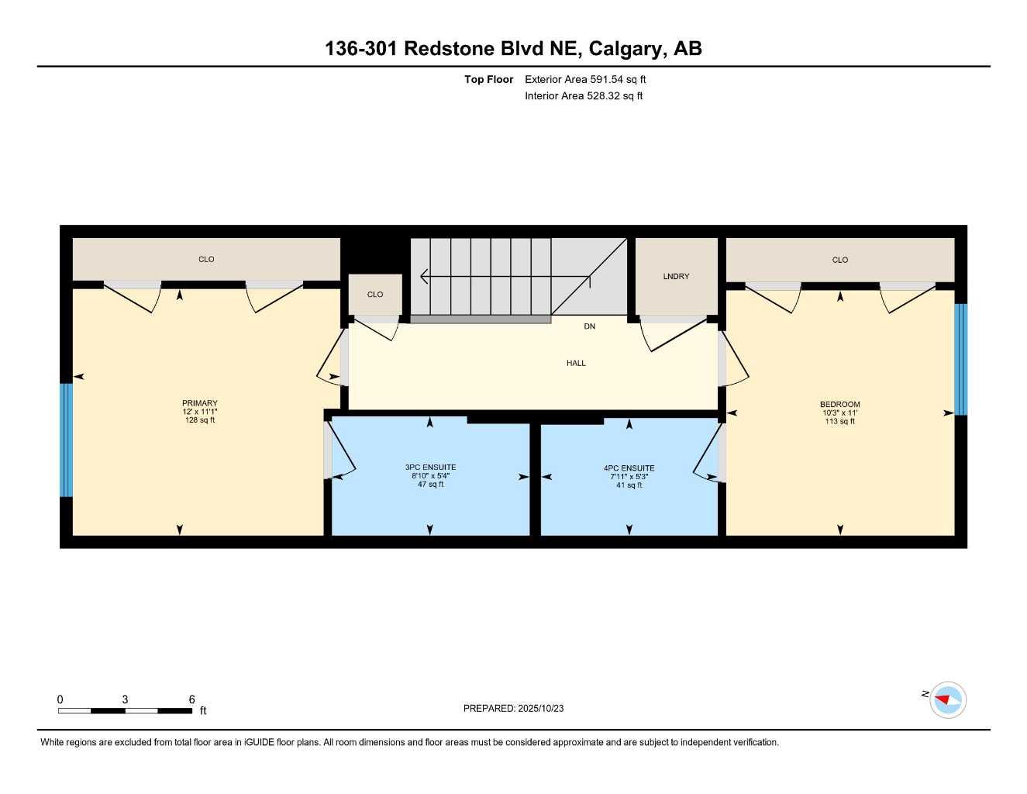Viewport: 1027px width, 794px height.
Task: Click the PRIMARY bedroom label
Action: tap(199, 403)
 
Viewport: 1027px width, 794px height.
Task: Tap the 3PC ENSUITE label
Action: tap(430, 468)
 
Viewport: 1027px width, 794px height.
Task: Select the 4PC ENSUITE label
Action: tap(629, 468)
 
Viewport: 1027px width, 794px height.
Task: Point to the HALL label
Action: tap(576, 363)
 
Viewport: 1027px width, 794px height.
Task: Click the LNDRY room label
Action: tap(676, 277)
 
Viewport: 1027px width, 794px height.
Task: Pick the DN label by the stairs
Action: tap(589, 326)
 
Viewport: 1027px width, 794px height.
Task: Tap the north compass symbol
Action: tap(947, 700)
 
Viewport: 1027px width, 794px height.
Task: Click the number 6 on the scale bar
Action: tap(191, 699)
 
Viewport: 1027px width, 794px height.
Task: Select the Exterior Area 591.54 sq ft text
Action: tap(585, 79)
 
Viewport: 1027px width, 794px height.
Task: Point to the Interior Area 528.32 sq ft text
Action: tap(584, 96)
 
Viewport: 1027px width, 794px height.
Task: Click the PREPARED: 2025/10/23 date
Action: tap(513, 708)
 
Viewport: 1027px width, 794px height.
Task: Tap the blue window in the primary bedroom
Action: tap(67, 440)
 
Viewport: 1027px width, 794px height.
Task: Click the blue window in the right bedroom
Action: tap(960, 359)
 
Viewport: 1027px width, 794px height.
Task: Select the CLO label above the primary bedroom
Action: tap(206, 260)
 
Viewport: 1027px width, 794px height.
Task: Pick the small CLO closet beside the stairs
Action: tap(375, 295)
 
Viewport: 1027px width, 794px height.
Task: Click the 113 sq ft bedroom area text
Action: tap(840, 422)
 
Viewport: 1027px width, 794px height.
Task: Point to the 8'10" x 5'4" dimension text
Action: tap(430, 476)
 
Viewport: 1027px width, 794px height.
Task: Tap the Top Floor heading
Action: tap(488, 79)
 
